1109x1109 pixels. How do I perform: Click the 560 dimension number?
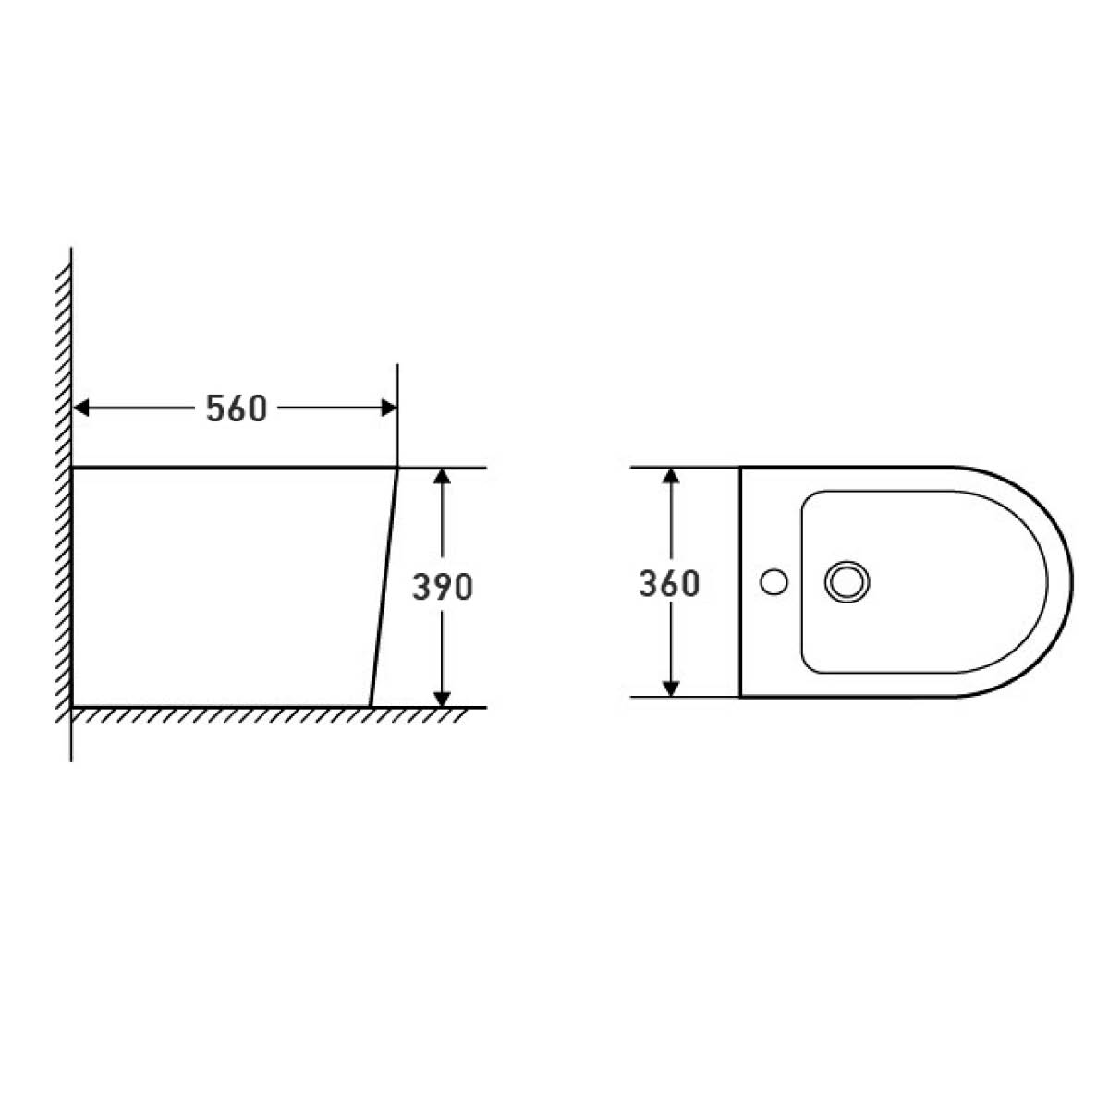click(x=237, y=408)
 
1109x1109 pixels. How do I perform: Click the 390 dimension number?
click(x=442, y=587)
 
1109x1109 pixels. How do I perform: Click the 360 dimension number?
click(x=669, y=583)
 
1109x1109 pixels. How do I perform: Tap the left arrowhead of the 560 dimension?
click(x=81, y=408)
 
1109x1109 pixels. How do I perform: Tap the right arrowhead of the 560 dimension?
click(x=389, y=408)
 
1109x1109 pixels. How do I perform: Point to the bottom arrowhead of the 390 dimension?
click(x=442, y=698)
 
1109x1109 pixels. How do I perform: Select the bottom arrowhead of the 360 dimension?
click(x=670, y=689)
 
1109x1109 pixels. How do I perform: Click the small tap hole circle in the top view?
click(x=774, y=582)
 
